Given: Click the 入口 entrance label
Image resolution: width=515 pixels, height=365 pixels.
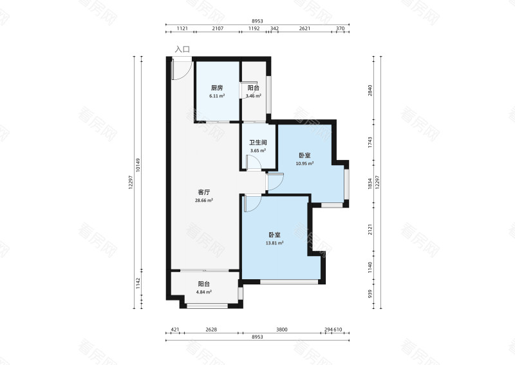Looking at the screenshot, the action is pos(182,50).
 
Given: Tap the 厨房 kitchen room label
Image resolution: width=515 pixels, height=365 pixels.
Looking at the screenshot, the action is pos(217,88).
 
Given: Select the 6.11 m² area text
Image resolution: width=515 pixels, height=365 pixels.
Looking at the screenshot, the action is pos(217,96).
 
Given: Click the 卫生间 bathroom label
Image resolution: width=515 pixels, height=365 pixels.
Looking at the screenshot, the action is pos(258,143).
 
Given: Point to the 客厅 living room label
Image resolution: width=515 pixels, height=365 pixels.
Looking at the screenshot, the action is pos(204,192).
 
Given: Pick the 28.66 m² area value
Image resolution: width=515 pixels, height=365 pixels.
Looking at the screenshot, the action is pos(204,200).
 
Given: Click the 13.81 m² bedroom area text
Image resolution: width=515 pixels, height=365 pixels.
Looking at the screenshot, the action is pos(275,243).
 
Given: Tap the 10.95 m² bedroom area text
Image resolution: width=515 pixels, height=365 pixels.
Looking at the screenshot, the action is pos(304,163).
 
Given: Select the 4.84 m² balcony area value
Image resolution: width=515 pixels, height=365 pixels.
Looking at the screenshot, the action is pos(204,292).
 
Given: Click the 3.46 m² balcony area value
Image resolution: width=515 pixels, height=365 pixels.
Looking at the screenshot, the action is pos(254,96).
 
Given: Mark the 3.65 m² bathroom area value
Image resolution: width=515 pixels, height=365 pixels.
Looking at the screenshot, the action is pos(258,151).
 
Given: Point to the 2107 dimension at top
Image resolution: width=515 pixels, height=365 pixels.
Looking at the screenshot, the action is pos(218,28).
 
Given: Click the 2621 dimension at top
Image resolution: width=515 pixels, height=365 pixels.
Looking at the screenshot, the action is pos(304,28).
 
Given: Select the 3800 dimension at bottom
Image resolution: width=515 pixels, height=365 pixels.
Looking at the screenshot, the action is pos(282,330).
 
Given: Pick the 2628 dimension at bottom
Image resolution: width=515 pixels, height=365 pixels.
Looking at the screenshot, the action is pos(211,330).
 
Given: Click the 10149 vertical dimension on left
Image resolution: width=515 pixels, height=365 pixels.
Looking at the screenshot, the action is pos(138,165).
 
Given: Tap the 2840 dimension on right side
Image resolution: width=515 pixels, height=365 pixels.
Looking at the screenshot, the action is pos(370,90).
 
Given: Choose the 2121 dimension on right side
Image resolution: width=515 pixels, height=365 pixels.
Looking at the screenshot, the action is pos(370,230).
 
